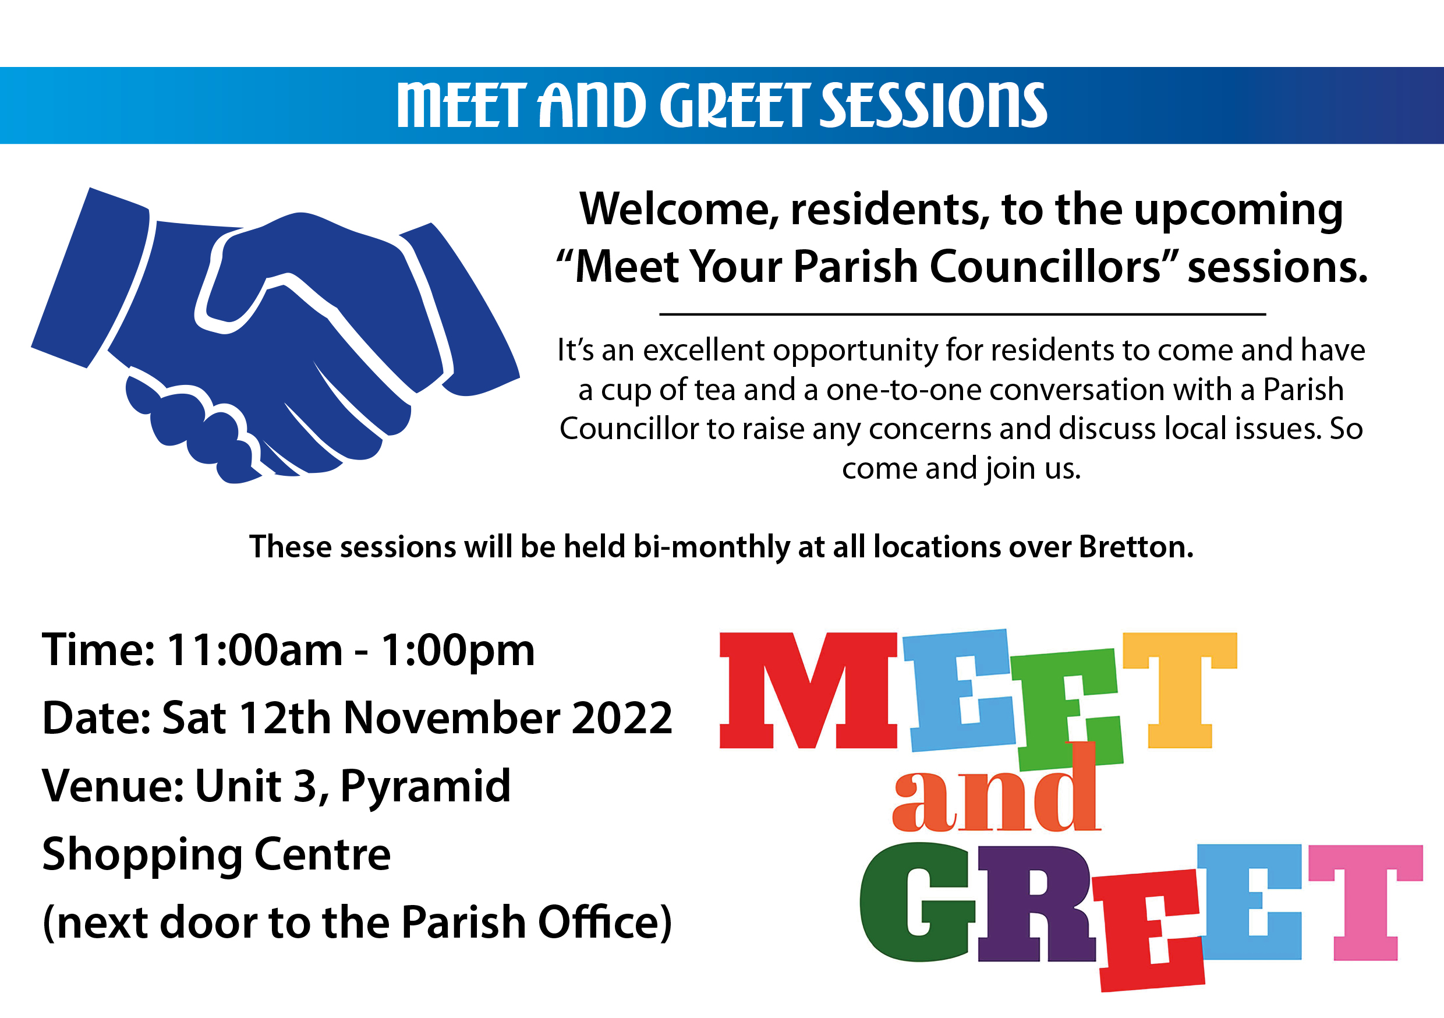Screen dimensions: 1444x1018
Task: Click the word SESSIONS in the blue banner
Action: coord(934,105)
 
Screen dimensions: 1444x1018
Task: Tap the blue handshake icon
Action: coord(275,335)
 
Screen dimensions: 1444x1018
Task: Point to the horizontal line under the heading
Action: coord(962,313)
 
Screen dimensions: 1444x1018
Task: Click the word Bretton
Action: coord(1137,546)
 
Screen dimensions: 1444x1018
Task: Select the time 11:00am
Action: coord(254,649)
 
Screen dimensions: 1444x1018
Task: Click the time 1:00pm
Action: coord(458,651)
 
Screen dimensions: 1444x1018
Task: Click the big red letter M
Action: coord(808,690)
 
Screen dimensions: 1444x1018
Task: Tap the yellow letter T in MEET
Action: coord(1180,690)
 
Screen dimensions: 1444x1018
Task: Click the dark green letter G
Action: coord(917,902)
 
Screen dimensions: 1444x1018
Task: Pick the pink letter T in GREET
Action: coord(1365,903)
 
